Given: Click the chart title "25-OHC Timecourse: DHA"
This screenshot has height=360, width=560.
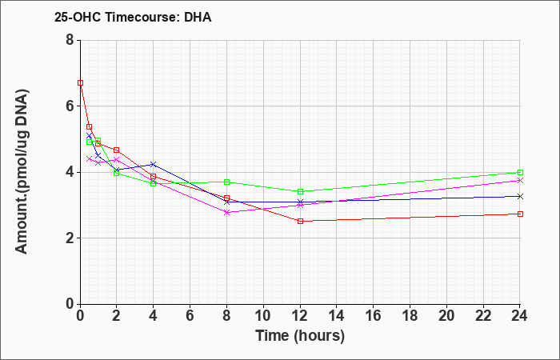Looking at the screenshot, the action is point(133,17).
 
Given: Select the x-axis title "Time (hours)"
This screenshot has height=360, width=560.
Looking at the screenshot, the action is point(300,336).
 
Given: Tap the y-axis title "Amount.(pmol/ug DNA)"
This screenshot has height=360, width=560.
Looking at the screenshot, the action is point(22,172).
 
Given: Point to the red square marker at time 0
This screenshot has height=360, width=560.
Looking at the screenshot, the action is point(80,83).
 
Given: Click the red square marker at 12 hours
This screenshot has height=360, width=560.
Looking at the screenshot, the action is point(300,221).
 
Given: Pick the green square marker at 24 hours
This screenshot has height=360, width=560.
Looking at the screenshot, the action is point(520,173).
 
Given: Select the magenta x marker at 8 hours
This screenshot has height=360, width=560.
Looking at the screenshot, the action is point(226,212).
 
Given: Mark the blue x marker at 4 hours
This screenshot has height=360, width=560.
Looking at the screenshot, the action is point(154,164).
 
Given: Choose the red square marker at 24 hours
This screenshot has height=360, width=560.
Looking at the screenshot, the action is point(520,214).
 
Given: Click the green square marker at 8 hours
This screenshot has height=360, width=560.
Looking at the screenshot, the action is point(226,182).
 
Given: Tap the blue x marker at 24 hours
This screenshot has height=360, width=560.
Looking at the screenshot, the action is point(520,197).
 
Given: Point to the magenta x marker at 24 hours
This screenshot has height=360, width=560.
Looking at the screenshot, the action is point(520,180).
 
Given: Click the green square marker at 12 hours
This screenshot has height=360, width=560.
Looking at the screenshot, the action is point(300,191).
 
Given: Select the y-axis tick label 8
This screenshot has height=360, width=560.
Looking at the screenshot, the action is point(70,40).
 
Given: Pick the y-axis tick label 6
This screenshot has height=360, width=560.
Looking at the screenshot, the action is point(70,106).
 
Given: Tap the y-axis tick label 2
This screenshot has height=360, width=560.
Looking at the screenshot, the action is point(70,238).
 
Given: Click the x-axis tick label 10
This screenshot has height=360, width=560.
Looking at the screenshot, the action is point(263,316).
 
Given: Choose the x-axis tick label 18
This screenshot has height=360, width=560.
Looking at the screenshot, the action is point(410,316).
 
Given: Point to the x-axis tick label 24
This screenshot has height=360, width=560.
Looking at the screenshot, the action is point(520,316).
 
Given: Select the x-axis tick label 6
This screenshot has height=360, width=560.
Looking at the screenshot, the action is point(190,316).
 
